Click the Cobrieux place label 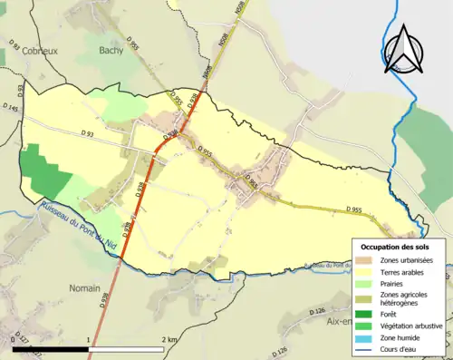[39, 52]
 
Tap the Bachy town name [111, 52]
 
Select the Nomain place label [85, 287]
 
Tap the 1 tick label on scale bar [88, 339]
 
